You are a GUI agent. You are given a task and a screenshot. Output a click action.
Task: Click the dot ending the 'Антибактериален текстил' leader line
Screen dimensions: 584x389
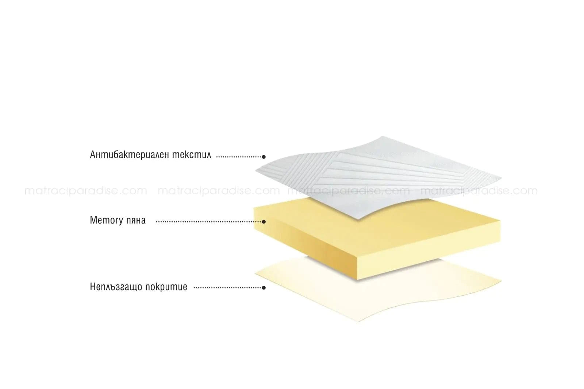(264, 157)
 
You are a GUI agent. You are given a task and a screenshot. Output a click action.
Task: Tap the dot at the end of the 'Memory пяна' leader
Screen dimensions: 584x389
(264, 222)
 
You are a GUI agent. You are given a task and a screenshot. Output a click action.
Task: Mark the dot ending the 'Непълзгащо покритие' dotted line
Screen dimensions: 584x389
(264, 288)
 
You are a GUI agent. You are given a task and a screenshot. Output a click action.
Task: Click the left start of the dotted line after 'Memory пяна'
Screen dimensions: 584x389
(157, 222)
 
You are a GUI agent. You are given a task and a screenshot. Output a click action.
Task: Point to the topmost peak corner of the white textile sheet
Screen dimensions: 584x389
(383, 136)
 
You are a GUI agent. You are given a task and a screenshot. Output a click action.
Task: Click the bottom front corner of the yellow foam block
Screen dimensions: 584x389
(357, 280)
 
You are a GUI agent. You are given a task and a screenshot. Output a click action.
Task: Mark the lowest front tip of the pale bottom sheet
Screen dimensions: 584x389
(358, 322)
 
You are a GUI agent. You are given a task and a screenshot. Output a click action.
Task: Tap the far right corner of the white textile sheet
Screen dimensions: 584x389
(501, 178)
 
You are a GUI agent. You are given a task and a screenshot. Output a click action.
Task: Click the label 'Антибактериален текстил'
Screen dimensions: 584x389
(150, 155)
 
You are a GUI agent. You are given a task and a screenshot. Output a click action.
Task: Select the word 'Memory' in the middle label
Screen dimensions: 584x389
(106, 220)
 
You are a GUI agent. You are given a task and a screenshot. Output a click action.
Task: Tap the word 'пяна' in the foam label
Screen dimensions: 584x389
(136, 221)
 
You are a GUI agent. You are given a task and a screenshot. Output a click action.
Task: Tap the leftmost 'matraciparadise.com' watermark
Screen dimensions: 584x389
(86, 191)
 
